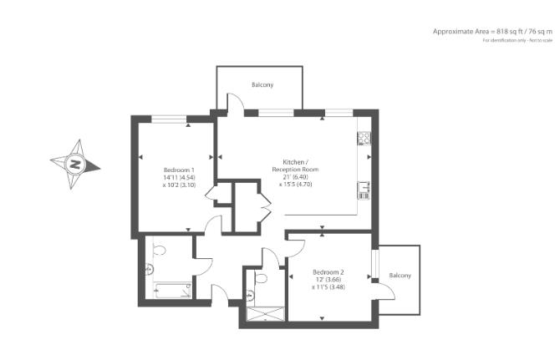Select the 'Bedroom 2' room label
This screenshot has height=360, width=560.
point(328,271)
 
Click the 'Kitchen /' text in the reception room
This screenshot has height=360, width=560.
point(295,161)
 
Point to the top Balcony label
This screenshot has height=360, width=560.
point(262,85)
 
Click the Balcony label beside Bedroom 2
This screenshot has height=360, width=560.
point(400,276)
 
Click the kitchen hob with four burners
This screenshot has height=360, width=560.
point(364,139)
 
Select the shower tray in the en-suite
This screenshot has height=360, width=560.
point(266,315)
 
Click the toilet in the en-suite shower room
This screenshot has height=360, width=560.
point(261,277)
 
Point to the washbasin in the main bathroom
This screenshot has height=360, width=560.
point(149,269)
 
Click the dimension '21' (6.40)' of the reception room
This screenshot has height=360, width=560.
point(295,177)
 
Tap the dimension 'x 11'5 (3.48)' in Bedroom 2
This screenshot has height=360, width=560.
point(328,287)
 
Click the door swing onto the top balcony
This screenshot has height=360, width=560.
point(235,102)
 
